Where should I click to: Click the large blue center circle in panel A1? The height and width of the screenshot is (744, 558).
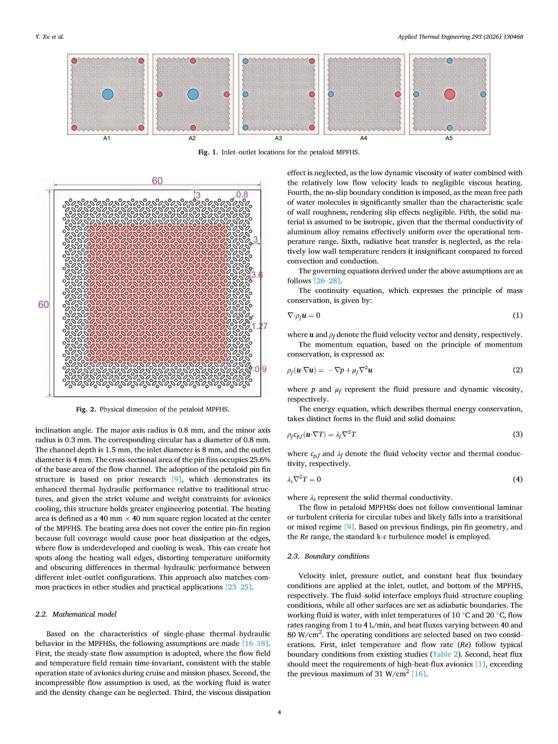(107, 94)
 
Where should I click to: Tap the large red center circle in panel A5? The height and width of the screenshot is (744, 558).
(450, 94)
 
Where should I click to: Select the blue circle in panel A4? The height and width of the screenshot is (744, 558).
(331, 95)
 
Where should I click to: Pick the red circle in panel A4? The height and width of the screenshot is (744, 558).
(398, 95)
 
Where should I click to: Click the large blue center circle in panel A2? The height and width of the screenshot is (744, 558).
(193, 94)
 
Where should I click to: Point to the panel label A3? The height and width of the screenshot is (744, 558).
(278, 138)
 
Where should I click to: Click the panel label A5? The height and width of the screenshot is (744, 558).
(449, 138)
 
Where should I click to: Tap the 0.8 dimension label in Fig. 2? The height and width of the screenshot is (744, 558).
(242, 195)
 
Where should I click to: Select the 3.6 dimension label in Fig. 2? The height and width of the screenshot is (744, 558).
(257, 275)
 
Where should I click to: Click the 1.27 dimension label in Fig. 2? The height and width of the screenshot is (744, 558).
(260, 326)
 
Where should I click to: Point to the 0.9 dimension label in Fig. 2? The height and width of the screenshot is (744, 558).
(260, 369)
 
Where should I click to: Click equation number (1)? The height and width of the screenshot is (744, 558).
(517, 315)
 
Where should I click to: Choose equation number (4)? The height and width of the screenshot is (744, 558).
(517, 479)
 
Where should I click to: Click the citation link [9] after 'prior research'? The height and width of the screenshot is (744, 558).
(177, 479)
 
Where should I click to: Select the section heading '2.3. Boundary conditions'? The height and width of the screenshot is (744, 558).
(328, 556)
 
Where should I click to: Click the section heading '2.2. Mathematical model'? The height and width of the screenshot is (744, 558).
(76, 614)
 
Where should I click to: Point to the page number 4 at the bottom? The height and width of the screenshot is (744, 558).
(280, 712)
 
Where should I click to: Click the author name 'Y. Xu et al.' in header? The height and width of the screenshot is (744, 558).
(50, 37)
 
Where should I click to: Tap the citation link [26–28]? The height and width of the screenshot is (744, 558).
(328, 281)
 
